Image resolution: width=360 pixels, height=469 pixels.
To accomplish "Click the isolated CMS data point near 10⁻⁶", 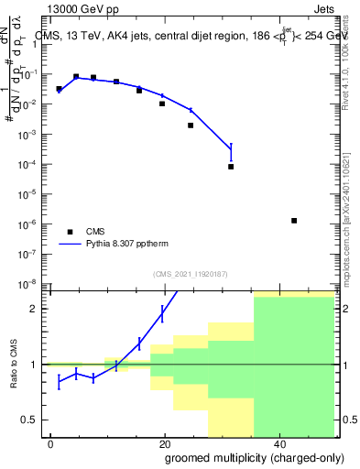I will coord(294,221).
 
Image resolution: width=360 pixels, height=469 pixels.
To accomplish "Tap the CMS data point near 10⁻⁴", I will coord(231,167).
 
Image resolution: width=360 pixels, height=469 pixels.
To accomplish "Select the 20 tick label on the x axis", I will coord(164,444).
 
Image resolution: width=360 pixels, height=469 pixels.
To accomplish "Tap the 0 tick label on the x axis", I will coord(50,444).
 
